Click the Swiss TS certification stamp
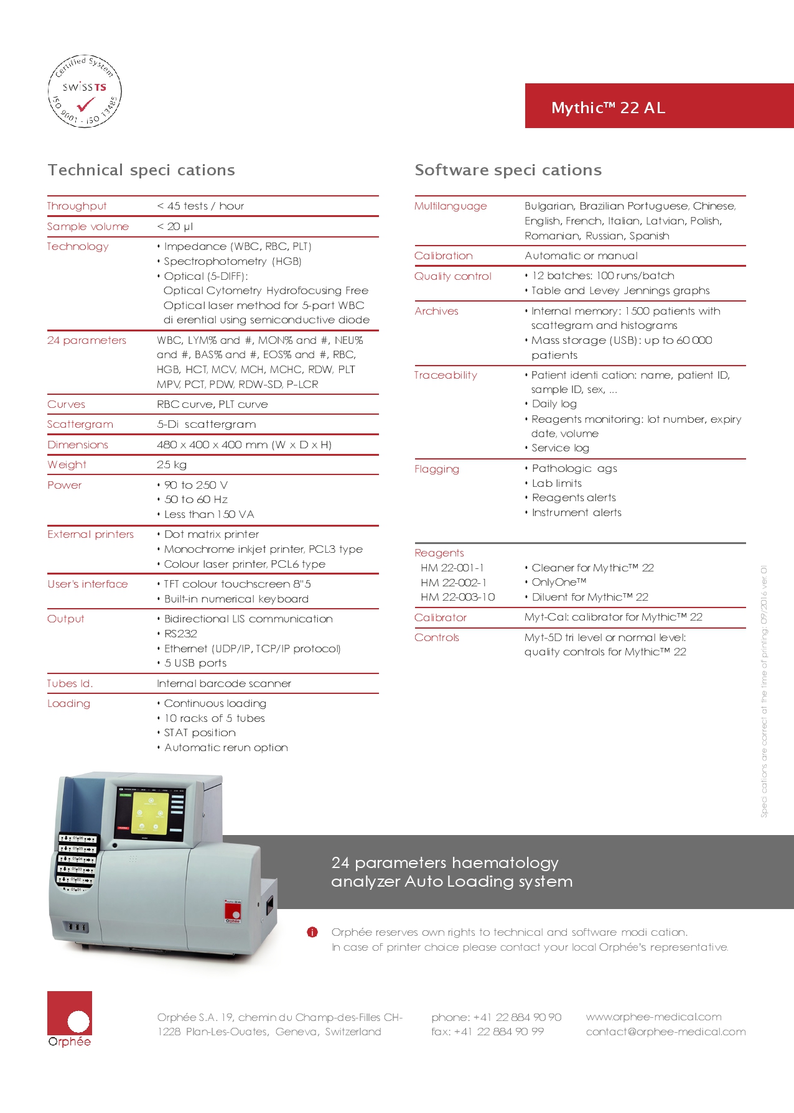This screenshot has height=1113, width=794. click(x=85, y=91)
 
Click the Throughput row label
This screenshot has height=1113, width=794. click(x=77, y=206)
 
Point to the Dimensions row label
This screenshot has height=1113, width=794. click(x=78, y=445)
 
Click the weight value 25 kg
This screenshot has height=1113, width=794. click(x=172, y=464)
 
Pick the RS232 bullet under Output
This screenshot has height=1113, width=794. click(x=180, y=634)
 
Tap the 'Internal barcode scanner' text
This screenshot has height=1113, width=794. click(x=224, y=683)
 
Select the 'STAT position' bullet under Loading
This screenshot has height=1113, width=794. click(x=200, y=732)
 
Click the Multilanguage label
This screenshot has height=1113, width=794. click(x=451, y=206)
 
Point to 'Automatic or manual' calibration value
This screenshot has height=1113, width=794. click(x=581, y=256)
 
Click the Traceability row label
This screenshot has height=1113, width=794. click(x=446, y=375)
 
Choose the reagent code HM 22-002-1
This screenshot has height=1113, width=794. click(x=454, y=582)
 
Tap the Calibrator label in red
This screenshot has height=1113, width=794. click(x=441, y=617)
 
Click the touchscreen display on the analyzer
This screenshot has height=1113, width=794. click(x=151, y=810)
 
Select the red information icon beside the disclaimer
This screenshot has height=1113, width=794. click(x=312, y=932)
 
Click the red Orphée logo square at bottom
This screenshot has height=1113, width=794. click(x=70, y=1013)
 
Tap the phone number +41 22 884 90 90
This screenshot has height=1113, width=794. click(x=496, y=1017)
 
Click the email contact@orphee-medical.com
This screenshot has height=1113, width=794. click(x=665, y=1032)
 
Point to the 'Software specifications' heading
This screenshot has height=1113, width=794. click(x=508, y=170)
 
